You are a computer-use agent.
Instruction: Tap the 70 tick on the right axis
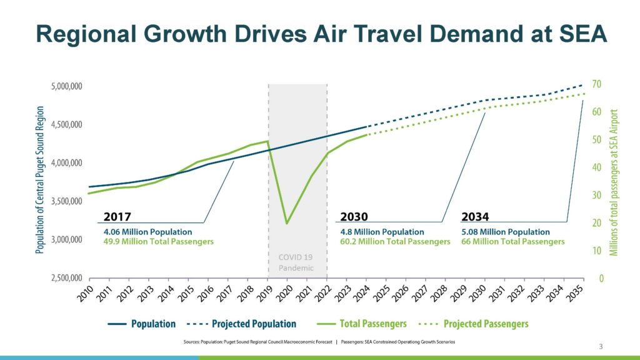point(596,84)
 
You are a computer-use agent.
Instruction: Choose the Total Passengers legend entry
point(362,324)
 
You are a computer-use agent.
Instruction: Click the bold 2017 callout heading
point(117,216)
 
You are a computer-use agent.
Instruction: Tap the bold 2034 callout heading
point(475,216)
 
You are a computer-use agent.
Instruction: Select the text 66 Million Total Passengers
point(512,241)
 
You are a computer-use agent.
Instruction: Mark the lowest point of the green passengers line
point(287,223)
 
